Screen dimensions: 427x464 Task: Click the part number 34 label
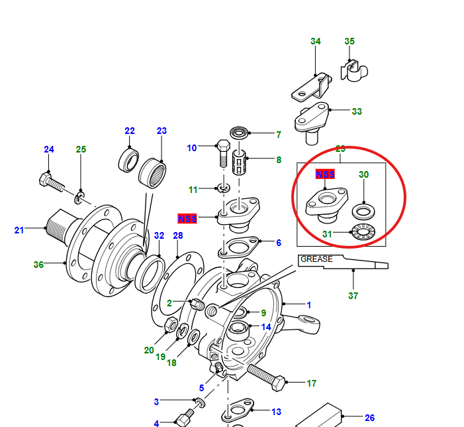(316, 42)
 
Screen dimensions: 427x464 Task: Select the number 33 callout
(357, 111)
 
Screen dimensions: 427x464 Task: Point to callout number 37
(353, 296)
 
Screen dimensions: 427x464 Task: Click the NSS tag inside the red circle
(325, 174)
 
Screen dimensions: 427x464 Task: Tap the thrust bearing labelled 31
(362, 233)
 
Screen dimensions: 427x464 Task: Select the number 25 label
(81, 149)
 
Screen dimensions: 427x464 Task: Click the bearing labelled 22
(128, 160)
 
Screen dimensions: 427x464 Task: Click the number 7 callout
(279, 135)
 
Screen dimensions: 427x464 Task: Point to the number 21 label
(19, 230)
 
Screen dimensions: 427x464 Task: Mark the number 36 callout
(38, 265)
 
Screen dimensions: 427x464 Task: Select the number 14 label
(266, 327)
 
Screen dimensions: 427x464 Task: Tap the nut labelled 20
(169, 325)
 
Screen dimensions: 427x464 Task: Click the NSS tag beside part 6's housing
(187, 218)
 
